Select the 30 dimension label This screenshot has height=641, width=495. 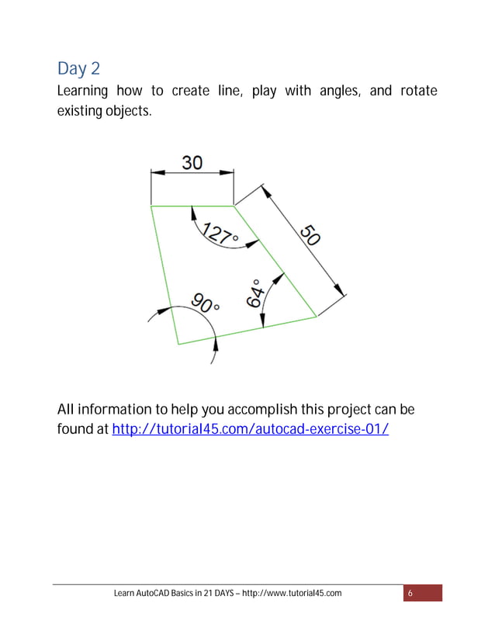coord(192,162)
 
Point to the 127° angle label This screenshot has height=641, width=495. coord(220,233)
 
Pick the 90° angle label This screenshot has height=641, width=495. coord(204,303)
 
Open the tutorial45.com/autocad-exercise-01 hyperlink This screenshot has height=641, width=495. coord(250,428)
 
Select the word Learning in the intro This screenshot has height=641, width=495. coord(83,92)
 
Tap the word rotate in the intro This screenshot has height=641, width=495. coord(418,92)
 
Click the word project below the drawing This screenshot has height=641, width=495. coord(345,410)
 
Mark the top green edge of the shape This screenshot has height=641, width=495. coord(192,206)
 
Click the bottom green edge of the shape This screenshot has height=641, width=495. coord(247,331)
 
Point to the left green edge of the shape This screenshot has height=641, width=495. coord(164,275)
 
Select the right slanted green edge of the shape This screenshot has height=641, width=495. coord(275,262)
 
